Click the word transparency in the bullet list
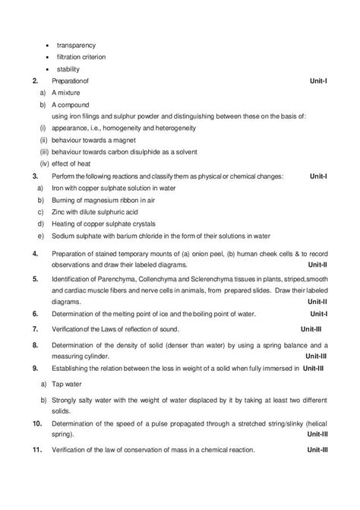75,45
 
